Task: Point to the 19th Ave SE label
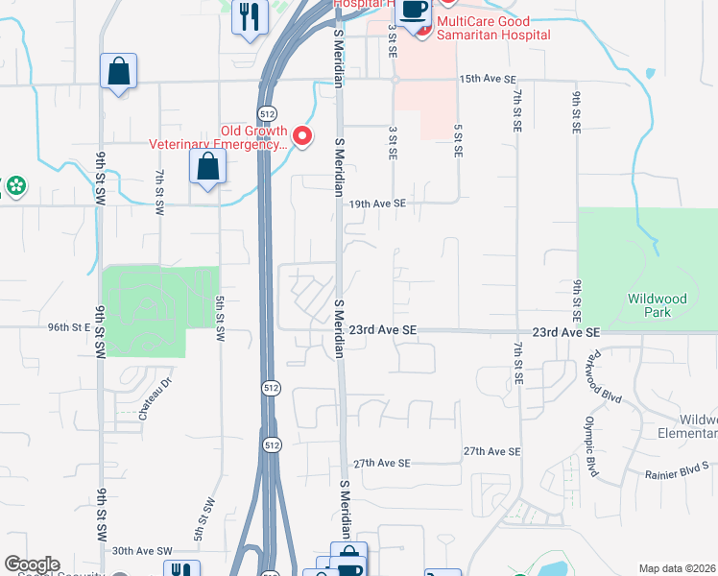pos(377,204)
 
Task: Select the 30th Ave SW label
pos(141,551)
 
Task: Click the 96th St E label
pos(68,327)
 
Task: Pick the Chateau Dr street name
pos(154,398)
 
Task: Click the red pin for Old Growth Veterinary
pos(302,137)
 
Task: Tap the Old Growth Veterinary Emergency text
pos(218,138)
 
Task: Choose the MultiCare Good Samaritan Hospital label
pos(493,28)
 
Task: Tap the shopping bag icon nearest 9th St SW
pos(118,71)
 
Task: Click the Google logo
pos(32,564)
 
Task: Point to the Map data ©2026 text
pos(677,568)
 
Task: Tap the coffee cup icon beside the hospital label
pos(415,12)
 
